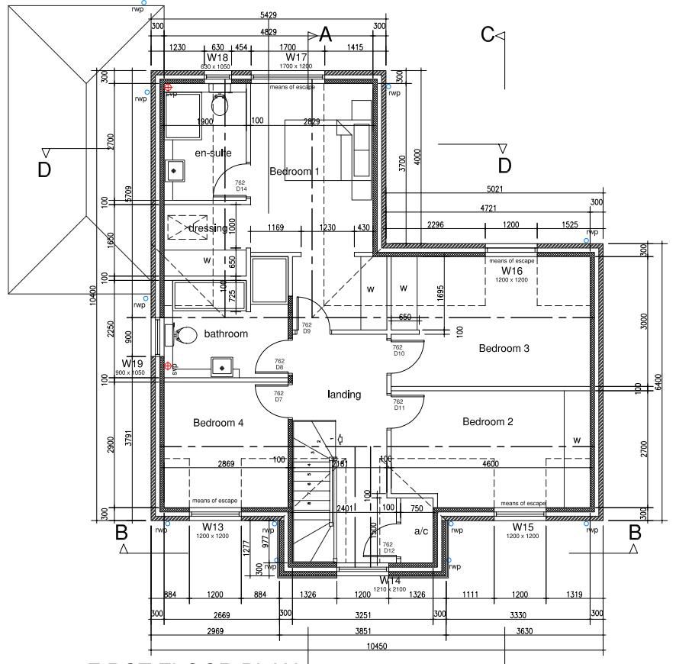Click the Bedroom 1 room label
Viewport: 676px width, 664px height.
[x=295, y=172]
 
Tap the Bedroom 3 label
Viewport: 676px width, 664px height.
[x=504, y=349]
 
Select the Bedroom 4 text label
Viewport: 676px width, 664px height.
[x=219, y=423]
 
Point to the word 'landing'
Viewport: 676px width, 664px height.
[x=344, y=395]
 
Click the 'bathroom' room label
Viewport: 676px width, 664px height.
[x=226, y=334]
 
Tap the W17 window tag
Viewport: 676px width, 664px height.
[x=296, y=57]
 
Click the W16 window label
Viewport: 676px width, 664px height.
[x=512, y=271]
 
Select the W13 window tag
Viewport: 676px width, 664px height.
[x=213, y=527]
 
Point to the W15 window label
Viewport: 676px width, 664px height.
[x=523, y=527]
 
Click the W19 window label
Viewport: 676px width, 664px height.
[x=134, y=363]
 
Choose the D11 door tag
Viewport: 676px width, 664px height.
[x=398, y=408]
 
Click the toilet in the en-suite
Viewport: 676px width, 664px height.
[x=220, y=105]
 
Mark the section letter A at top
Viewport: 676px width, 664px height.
[x=326, y=34]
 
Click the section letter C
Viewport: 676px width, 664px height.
[x=487, y=34]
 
